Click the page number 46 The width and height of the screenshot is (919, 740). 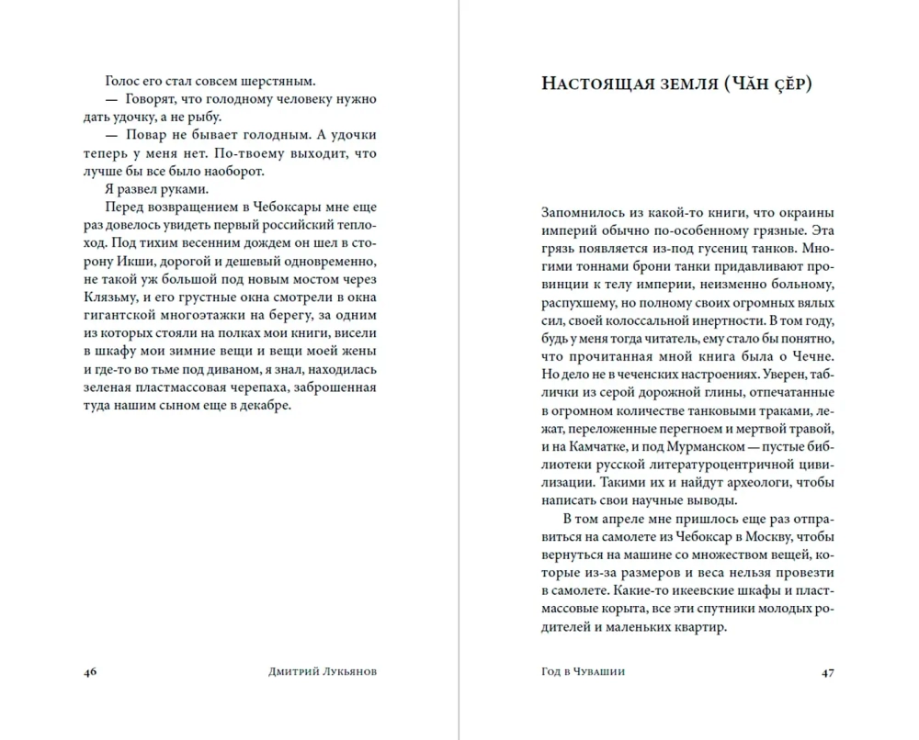tap(90, 672)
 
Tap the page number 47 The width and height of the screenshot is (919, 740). tap(828, 672)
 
